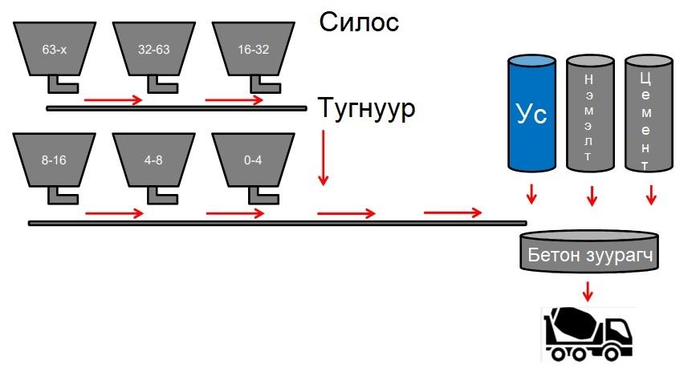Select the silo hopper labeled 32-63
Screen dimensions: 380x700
click(x=154, y=48)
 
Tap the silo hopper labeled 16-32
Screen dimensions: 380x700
click(x=253, y=48)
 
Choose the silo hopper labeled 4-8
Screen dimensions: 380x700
click(x=154, y=160)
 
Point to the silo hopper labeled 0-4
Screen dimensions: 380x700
click(x=253, y=160)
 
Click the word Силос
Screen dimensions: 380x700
click(x=359, y=22)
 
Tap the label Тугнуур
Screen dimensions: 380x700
click(x=367, y=107)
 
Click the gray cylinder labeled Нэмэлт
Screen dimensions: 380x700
click(x=591, y=111)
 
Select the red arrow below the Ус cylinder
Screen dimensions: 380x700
click(x=531, y=194)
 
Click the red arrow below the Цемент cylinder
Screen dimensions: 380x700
click(x=651, y=194)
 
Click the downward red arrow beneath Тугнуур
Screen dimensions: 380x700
click(x=323, y=157)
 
